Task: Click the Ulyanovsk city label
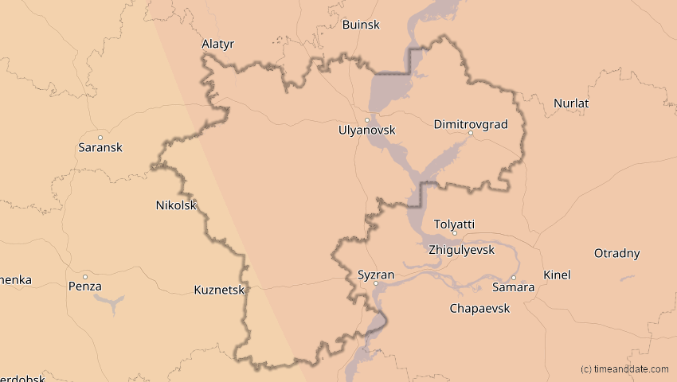366,130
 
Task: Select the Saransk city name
100,147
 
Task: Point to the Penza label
85,286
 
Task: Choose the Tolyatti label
454,224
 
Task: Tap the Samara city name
514,286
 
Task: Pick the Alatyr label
218,45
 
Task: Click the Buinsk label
362,25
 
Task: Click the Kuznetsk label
219,290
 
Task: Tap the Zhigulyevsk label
461,250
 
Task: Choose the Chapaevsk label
479,308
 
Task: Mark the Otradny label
617,254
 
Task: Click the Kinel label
557,275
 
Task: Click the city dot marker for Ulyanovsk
366,120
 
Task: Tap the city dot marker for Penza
85,277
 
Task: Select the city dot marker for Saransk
100,138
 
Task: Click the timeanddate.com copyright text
624,369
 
